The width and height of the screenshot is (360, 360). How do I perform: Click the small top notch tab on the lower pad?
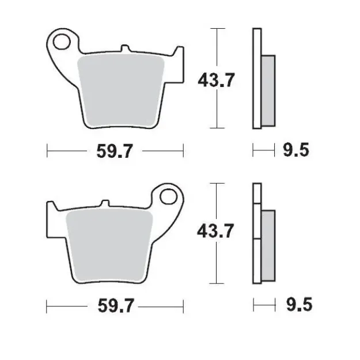click(x=104, y=204)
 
